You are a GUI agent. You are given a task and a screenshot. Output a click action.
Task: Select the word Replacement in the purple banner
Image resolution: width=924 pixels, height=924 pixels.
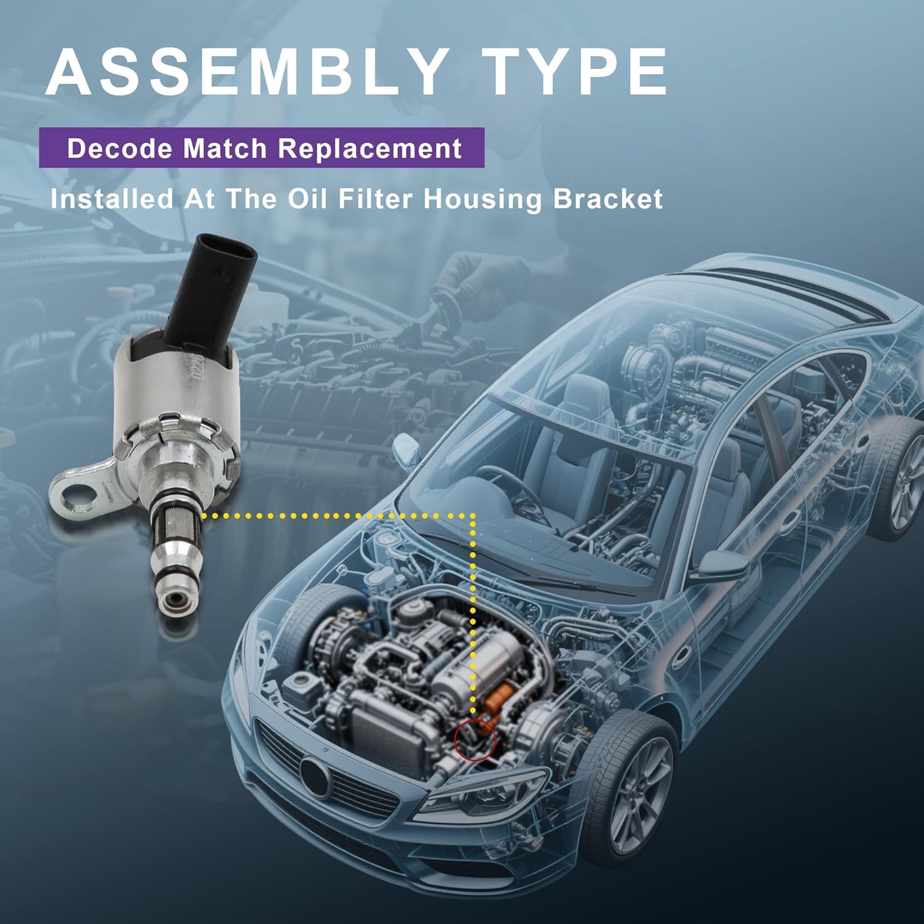point(370,148)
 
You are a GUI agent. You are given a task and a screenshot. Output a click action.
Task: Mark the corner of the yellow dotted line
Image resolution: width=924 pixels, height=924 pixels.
point(472,515)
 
